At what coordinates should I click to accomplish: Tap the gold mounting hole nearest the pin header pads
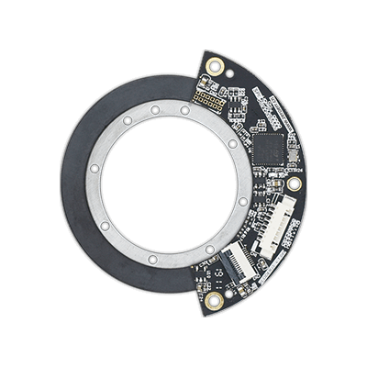pyautogui.click(x=215, y=66)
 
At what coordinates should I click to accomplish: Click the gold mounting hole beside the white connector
pyautogui.click(x=294, y=183)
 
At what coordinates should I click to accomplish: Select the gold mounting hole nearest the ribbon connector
pyautogui.click(x=214, y=300)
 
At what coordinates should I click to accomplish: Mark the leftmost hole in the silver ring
pyautogui.click(x=94, y=170)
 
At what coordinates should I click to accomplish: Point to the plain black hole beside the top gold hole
pyautogui.click(x=197, y=79)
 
